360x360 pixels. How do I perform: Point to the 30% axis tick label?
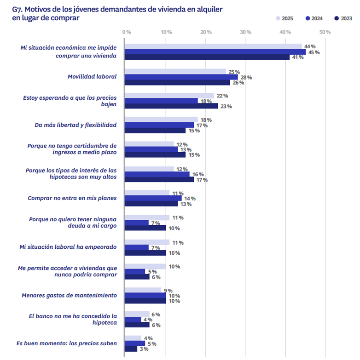click(x=246, y=32)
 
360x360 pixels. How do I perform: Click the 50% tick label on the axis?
click(x=325, y=32)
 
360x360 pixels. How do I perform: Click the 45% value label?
click(x=314, y=52)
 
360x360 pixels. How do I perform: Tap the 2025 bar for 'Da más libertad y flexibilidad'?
click(x=161, y=120)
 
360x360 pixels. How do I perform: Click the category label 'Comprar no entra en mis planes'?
click(x=72, y=198)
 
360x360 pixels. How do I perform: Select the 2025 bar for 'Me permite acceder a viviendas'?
click(x=145, y=267)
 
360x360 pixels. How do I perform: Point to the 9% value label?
click(x=168, y=291)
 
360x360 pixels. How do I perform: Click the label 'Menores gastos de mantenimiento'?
click(x=69, y=296)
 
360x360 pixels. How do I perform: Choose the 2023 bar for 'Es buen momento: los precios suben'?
click(x=131, y=349)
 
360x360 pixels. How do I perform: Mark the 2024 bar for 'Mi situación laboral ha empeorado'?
click(x=136, y=247)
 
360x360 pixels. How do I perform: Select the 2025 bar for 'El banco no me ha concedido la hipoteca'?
click(x=137, y=314)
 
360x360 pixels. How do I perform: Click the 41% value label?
click(x=296, y=57)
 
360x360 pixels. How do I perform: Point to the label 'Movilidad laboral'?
click(x=92, y=77)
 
